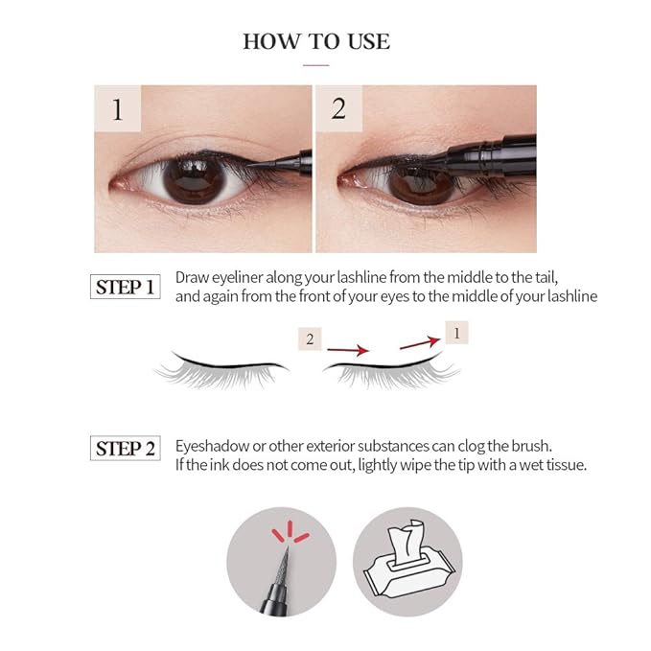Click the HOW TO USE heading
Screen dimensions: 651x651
point(316,41)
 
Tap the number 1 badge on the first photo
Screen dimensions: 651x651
point(117,108)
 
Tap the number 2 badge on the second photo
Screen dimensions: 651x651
point(338,108)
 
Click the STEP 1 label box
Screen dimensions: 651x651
point(125,287)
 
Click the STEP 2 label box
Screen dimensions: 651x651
point(125,448)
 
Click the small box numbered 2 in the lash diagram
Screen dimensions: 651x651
point(310,338)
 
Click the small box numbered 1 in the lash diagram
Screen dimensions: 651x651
point(456,333)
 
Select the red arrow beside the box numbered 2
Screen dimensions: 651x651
point(348,350)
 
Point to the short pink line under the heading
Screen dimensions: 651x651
point(315,65)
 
